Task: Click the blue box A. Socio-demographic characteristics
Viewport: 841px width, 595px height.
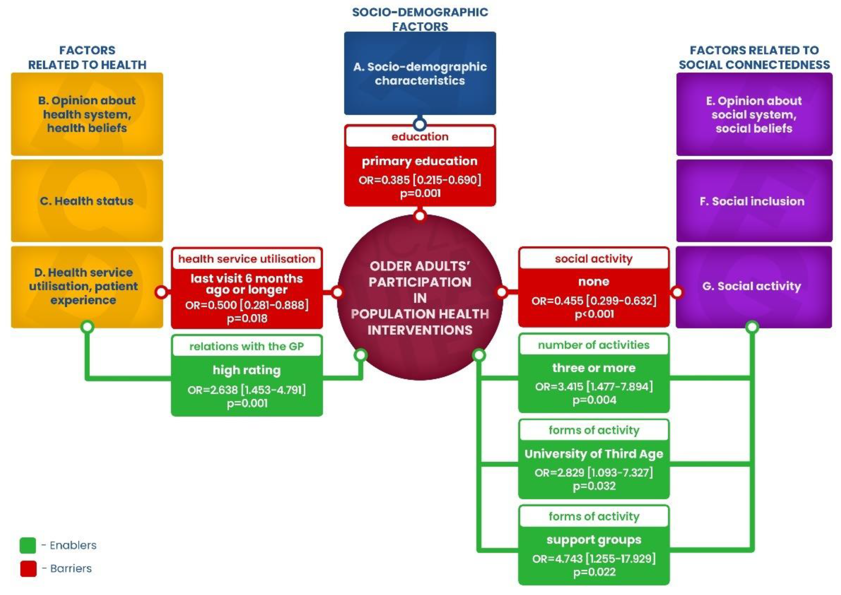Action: tap(420, 73)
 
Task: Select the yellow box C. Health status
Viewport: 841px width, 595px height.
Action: tap(87, 201)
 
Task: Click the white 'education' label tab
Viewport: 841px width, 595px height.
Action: tap(420, 137)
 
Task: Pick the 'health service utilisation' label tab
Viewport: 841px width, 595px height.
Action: tap(247, 259)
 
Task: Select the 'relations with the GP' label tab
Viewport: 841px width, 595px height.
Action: tap(247, 346)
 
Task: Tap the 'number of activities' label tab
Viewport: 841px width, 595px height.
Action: tap(593, 345)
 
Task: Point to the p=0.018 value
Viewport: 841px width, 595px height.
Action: tap(247, 318)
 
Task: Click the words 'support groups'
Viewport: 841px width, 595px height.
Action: tap(594, 540)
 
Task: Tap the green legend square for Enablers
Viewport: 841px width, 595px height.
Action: tap(28, 545)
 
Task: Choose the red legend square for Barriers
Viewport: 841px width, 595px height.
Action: tap(28, 568)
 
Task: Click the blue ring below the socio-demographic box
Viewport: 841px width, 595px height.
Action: tap(420, 124)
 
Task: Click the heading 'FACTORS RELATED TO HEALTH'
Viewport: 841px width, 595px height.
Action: tap(87, 58)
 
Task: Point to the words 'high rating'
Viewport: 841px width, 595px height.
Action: tap(247, 370)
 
